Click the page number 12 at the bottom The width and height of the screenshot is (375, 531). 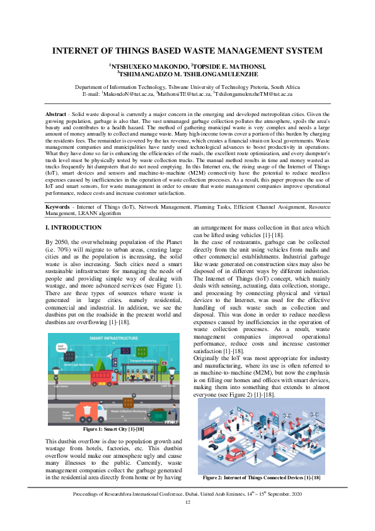(187, 502)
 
